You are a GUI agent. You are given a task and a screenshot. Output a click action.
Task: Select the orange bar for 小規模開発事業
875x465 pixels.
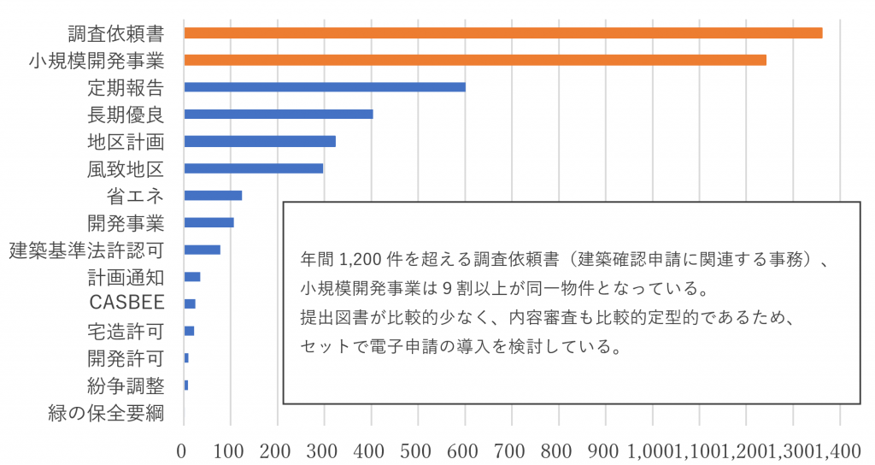[x=475, y=60]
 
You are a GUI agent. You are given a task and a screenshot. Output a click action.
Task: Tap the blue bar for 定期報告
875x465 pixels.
[x=325, y=86]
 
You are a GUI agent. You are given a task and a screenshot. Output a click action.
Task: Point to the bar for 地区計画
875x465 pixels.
[x=260, y=141]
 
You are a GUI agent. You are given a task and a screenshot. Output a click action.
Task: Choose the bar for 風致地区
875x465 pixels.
[x=254, y=168]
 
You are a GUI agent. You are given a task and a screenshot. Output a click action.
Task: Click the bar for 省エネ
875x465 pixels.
[x=213, y=195]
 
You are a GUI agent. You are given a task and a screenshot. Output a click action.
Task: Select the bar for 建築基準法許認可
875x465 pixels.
[x=203, y=250]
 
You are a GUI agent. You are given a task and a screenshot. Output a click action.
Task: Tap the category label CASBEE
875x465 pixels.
[x=126, y=303]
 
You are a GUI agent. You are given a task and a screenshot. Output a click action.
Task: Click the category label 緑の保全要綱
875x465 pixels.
[x=107, y=414]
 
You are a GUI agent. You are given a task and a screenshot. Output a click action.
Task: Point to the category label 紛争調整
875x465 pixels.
[x=126, y=386]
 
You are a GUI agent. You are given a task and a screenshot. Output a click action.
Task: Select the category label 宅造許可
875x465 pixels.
[x=126, y=331]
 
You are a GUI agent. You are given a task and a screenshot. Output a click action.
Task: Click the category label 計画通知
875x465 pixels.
[x=126, y=277]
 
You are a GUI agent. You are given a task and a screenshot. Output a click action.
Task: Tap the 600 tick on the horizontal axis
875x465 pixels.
[x=464, y=450]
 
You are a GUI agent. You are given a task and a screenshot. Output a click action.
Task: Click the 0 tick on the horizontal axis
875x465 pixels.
[x=182, y=450]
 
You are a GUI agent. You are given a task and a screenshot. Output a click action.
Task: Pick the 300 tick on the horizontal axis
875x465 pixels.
[x=323, y=450]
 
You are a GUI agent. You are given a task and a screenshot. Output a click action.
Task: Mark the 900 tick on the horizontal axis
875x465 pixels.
[x=605, y=450]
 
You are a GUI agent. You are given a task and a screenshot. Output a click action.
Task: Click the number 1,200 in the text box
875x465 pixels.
[x=359, y=258]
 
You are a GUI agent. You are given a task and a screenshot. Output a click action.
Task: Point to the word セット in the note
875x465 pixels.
[x=322, y=348]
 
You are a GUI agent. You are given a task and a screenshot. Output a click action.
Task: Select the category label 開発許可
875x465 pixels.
[x=126, y=358]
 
